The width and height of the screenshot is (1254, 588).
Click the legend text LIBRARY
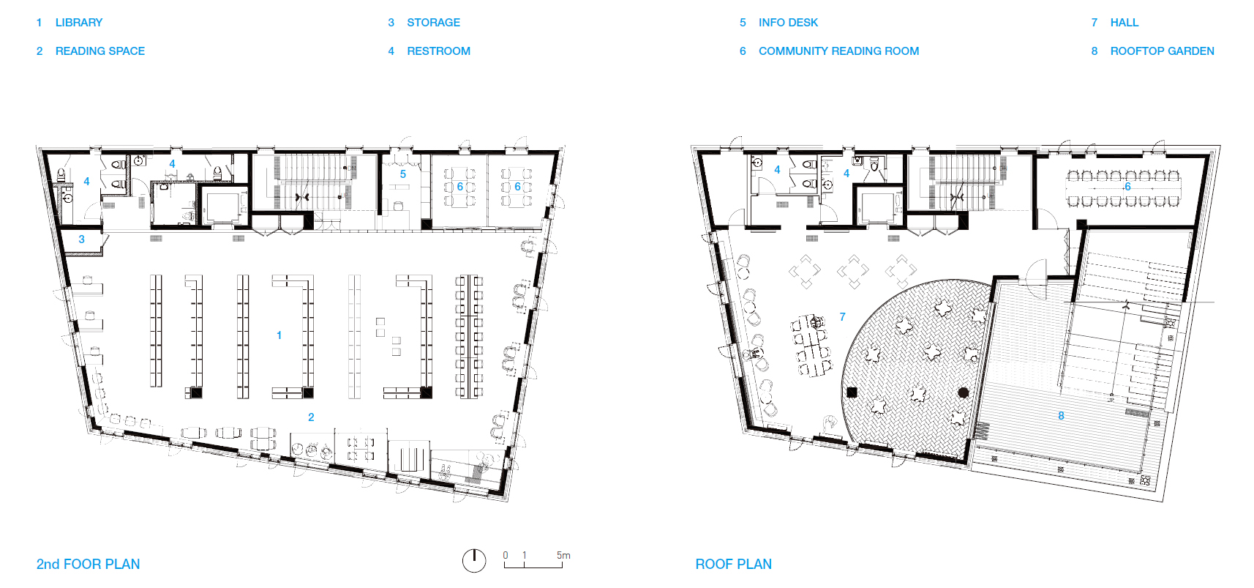pyautogui.click(x=79, y=23)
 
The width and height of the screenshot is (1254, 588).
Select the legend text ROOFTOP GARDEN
pyautogui.click(x=1163, y=51)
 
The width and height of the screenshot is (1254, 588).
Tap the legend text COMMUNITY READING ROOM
pyautogui.click(x=838, y=51)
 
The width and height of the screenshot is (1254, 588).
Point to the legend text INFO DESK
pyautogui.click(x=788, y=23)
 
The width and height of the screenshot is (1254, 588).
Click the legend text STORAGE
pyautogui.click(x=433, y=23)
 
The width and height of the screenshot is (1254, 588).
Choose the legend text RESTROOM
pyautogui.click(x=438, y=51)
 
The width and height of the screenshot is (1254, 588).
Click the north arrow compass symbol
pyautogui.click(x=474, y=560)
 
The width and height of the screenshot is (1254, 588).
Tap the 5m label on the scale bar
pyautogui.click(x=563, y=555)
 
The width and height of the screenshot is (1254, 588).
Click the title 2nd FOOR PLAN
pyautogui.click(x=88, y=564)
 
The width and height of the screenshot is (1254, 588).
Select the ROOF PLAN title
pyautogui.click(x=733, y=564)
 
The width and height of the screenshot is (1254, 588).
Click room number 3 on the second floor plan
pyautogui.click(x=82, y=239)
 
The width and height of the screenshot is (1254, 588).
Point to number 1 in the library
pyautogui.click(x=279, y=335)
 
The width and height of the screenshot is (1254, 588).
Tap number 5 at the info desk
pyautogui.click(x=402, y=174)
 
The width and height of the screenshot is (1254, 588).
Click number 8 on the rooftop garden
pyautogui.click(x=1061, y=415)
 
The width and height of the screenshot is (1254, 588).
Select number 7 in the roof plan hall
pyautogui.click(x=842, y=317)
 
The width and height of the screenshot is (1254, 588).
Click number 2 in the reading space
pyautogui.click(x=311, y=417)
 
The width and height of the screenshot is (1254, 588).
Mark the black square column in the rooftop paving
pyautogui.click(x=852, y=392)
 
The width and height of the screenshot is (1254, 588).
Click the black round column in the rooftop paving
pyautogui.click(x=963, y=392)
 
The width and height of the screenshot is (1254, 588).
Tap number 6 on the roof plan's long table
pyautogui.click(x=1127, y=187)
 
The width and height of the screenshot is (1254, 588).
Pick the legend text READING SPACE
pyautogui.click(x=100, y=51)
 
